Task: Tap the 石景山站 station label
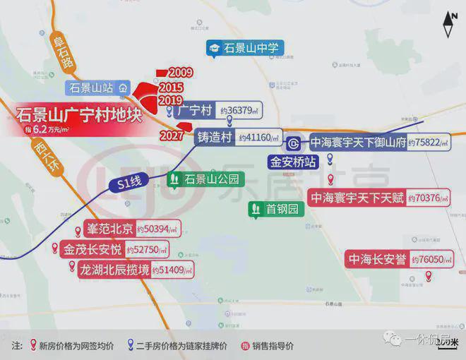[x=92, y=88]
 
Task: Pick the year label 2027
[x=172, y=136]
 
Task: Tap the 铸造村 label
[x=215, y=137]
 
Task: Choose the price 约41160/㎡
[x=258, y=138]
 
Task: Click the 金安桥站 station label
[x=292, y=162]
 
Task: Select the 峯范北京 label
[x=108, y=229]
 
